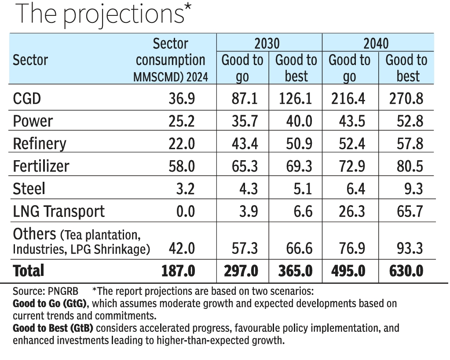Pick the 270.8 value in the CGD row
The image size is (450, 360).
tap(406, 98)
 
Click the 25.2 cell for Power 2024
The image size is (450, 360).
tap(181, 121)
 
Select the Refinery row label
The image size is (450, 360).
tap(40, 143)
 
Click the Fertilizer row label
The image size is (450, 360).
tap(41, 166)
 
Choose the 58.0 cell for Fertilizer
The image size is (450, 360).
tap(181, 166)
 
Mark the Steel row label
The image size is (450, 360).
tap(29, 189)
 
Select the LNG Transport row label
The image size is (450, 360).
tap(59, 211)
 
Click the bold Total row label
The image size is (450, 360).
tap(29, 271)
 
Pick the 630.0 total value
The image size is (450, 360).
tap(406, 271)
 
